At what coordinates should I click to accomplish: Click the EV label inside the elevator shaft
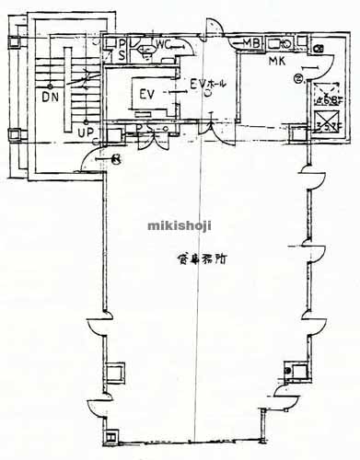click(x=146, y=95)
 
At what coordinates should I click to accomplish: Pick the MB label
click(x=251, y=43)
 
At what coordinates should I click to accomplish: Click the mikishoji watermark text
click(x=179, y=223)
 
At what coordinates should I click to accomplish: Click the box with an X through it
click(x=324, y=121)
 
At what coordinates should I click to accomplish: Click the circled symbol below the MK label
click(x=297, y=79)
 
